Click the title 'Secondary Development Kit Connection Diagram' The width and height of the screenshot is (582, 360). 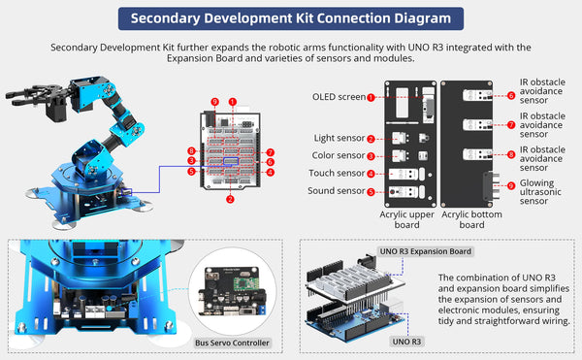[291, 18]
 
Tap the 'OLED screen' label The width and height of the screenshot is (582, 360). [338, 97]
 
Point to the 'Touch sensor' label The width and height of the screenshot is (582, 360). [337, 174]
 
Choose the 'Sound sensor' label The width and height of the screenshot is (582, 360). [337, 191]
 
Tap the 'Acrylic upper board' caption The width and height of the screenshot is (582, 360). [406, 218]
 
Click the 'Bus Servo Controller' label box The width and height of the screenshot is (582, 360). [232, 343]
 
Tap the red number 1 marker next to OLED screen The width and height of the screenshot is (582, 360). [371, 97]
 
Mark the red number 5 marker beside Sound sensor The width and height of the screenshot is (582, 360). [371, 192]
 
